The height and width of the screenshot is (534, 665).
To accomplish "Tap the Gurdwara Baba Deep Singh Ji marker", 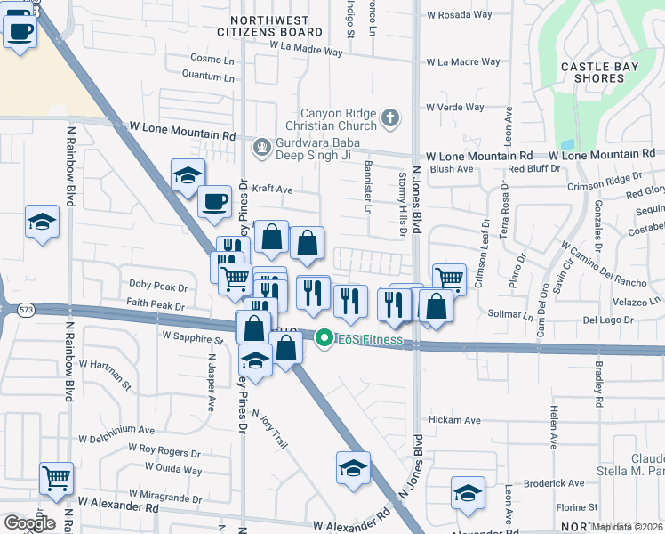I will click(x=261, y=147).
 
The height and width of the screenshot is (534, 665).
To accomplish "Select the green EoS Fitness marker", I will click(x=324, y=338).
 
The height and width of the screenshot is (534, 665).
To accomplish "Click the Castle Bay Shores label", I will click(x=593, y=72).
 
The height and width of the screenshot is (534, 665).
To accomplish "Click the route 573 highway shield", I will click(x=24, y=310).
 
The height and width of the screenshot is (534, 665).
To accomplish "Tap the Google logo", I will click(x=29, y=522).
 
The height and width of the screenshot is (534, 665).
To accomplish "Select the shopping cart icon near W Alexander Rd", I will click(x=57, y=478).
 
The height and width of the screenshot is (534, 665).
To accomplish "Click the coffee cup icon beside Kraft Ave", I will click(x=213, y=201).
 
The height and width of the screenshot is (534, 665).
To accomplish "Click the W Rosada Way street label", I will click(x=458, y=15).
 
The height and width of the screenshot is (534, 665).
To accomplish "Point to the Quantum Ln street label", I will click(x=200, y=77).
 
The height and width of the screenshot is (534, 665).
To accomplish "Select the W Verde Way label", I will click(x=454, y=108).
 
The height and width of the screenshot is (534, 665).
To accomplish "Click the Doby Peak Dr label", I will click(x=157, y=287).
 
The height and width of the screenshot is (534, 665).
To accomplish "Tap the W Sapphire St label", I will click(x=191, y=339).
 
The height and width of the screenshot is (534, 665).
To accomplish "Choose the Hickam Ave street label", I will click(x=453, y=420).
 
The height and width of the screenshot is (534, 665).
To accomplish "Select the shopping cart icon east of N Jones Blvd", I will click(x=449, y=279).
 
